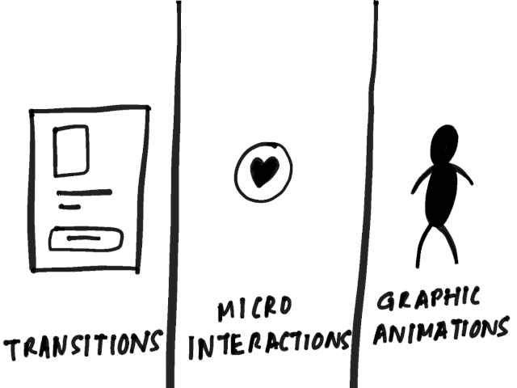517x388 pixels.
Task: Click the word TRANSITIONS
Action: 83,344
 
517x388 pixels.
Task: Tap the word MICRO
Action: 254,308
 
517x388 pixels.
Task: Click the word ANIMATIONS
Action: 441,330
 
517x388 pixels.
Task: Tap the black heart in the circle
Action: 264,171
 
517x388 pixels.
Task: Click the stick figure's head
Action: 444,145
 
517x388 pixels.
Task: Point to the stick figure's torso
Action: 442,195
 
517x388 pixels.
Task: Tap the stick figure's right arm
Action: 465,174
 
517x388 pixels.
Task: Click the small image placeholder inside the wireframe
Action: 71,151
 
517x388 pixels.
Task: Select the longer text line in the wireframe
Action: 84,192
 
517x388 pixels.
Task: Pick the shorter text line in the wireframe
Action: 69,207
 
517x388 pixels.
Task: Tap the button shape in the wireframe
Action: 86,239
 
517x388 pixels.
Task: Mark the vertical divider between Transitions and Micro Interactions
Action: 174,194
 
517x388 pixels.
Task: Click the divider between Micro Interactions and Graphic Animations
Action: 365,194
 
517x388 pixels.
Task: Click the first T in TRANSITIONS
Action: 12,350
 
